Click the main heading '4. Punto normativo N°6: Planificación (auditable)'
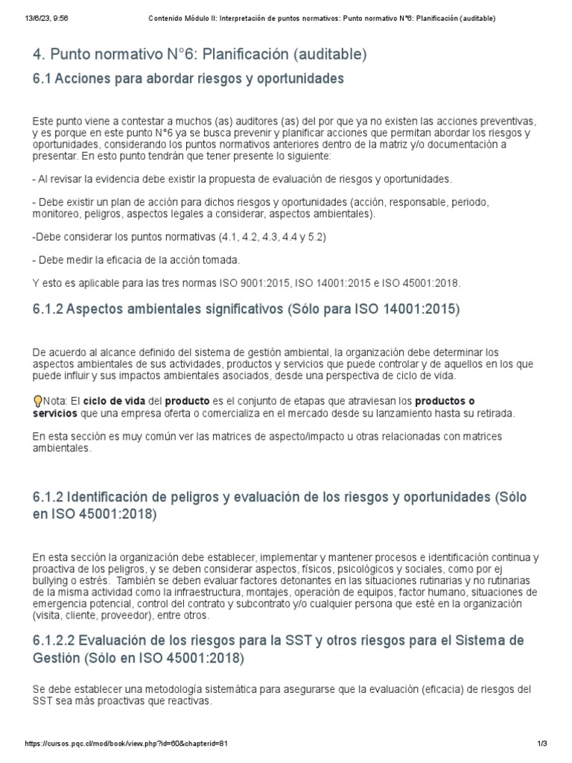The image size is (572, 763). tap(200, 54)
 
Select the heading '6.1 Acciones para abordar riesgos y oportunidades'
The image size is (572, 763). tap(188, 79)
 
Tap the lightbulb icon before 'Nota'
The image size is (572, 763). tap(38, 401)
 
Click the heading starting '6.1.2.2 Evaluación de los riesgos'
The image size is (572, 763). tap(279, 649)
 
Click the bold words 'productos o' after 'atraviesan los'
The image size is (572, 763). tap(444, 401)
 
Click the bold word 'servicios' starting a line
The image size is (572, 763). tap(54, 413)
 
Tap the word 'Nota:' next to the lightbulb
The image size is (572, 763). tap(57, 401)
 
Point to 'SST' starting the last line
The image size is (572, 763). tap(42, 702)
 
